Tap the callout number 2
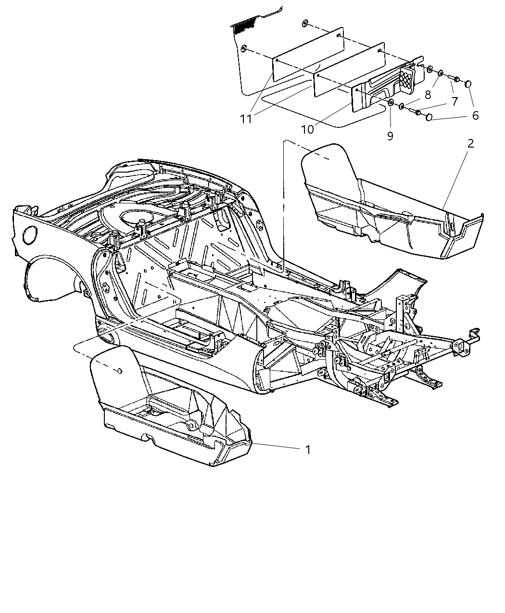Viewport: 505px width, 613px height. pyautogui.click(x=470, y=143)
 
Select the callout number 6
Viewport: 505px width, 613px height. pyautogui.click(x=475, y=115)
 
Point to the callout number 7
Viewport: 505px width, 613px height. pyautogui.click(x=454, y=101)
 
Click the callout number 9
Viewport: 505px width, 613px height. pyautogui.click(x=390, y=136)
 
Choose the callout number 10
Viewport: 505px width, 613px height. pyautogui.click(x=307, y=129)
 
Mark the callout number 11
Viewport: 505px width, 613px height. pyautogui.click(x=246, y=119)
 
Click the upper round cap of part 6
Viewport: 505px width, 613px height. pyautogui.click(x=468, y=84)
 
